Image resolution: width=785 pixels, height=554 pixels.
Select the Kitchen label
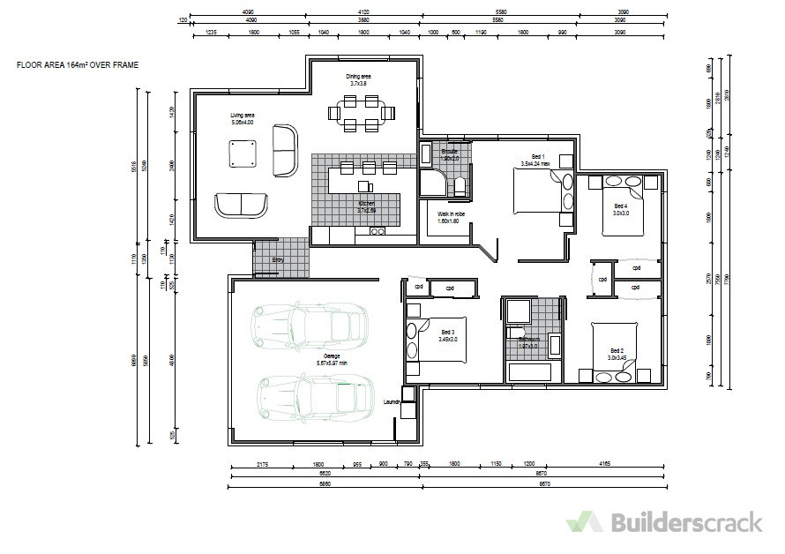pos(366,207)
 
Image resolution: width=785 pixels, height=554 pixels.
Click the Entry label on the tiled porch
pos(278,260)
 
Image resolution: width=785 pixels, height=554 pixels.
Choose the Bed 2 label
pos(616,353)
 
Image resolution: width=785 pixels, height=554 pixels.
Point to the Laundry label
pos(392,402)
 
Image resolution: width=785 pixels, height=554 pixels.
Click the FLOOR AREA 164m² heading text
pos(78,65)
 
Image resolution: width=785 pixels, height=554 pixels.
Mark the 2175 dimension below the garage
pos(262,464)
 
